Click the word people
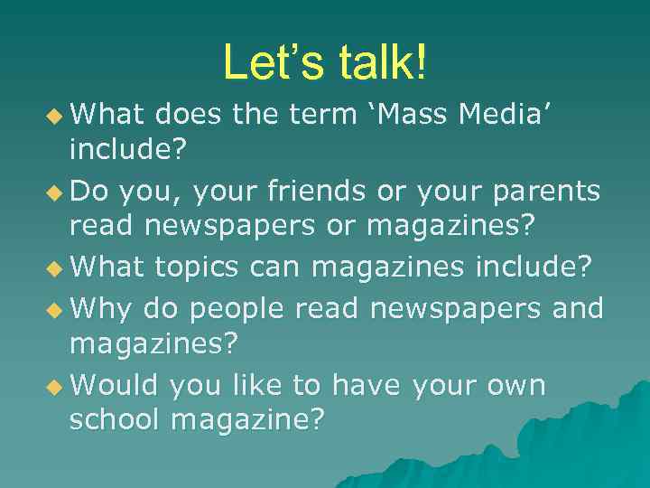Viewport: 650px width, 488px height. coord(236,308)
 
